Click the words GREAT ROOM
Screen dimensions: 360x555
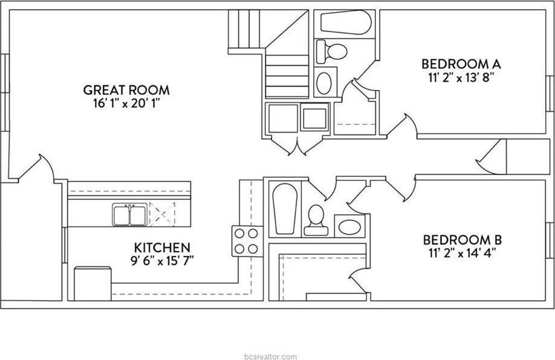pyautogui.click(x=126, y=90)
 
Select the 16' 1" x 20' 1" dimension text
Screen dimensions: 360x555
pyautogui.click(x=126, y=103)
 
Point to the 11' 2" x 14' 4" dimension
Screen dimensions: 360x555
pyautogui.click(x=462, y=253)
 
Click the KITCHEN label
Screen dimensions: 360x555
pyautogui.click(x=162, y=247)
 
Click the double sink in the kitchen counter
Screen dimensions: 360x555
pyautogui.click(x=128, y=215)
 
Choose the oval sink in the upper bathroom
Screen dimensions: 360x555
pyautogui.click(x=325, y=82)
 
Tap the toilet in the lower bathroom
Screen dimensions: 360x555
pyautogui.click(x=316, y=220)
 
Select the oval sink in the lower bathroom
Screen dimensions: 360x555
pyautogui.click(x=349, y=227)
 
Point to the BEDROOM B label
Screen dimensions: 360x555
pyautogui.click(x=462, y=240)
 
